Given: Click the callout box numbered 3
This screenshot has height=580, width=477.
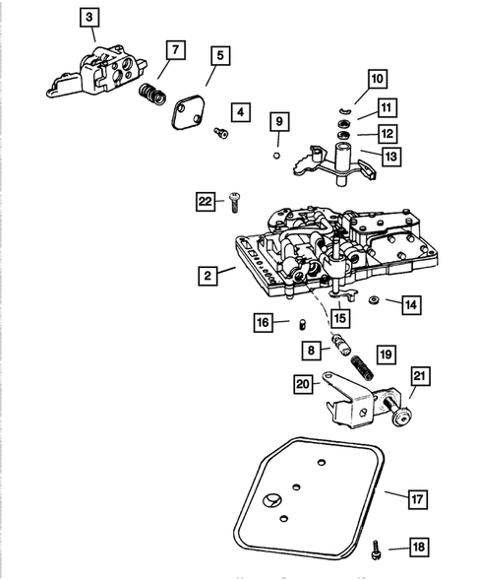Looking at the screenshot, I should tap(89, 18).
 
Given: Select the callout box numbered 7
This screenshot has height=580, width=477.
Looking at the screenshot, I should tap(174, 49).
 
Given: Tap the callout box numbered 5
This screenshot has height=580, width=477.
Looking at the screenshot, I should tap(217, 56).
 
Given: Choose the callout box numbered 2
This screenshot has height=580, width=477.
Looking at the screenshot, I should tap(207, 276).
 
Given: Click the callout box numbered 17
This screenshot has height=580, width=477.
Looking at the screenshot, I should tap(417, 500).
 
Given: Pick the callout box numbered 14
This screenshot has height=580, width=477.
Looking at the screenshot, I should tap(410, 305).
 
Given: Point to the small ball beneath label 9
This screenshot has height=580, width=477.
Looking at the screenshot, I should tap(278, 156).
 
